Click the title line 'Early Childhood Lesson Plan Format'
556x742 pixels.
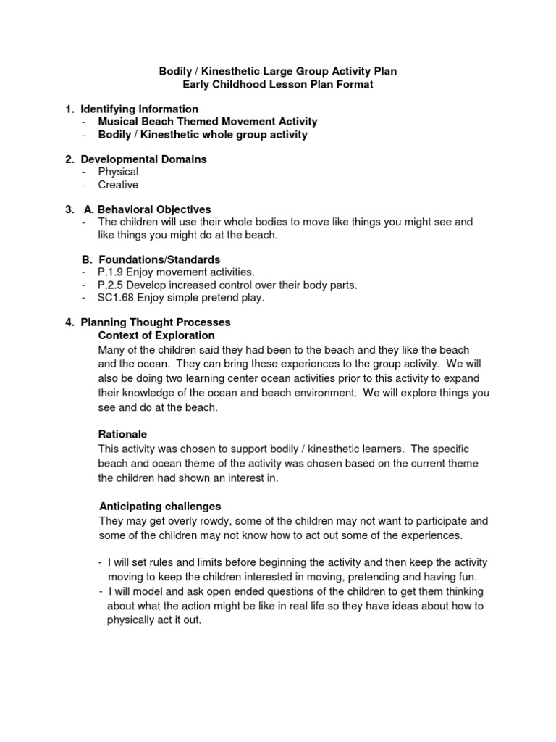pos(277,85)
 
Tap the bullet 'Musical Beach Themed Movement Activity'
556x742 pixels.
pos(208,122)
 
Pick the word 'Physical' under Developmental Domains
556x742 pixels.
pos(118,172)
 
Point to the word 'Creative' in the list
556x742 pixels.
pos(118,185)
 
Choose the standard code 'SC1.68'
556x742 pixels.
pos(114,298)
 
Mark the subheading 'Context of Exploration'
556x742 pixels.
pos(156,335)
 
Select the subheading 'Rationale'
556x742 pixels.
pos(122,434)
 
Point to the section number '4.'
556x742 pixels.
pos(69,322)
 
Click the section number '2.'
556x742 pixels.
pos(69,159)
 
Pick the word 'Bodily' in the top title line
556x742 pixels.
pos(174,72)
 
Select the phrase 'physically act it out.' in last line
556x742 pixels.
pos(154,620)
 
